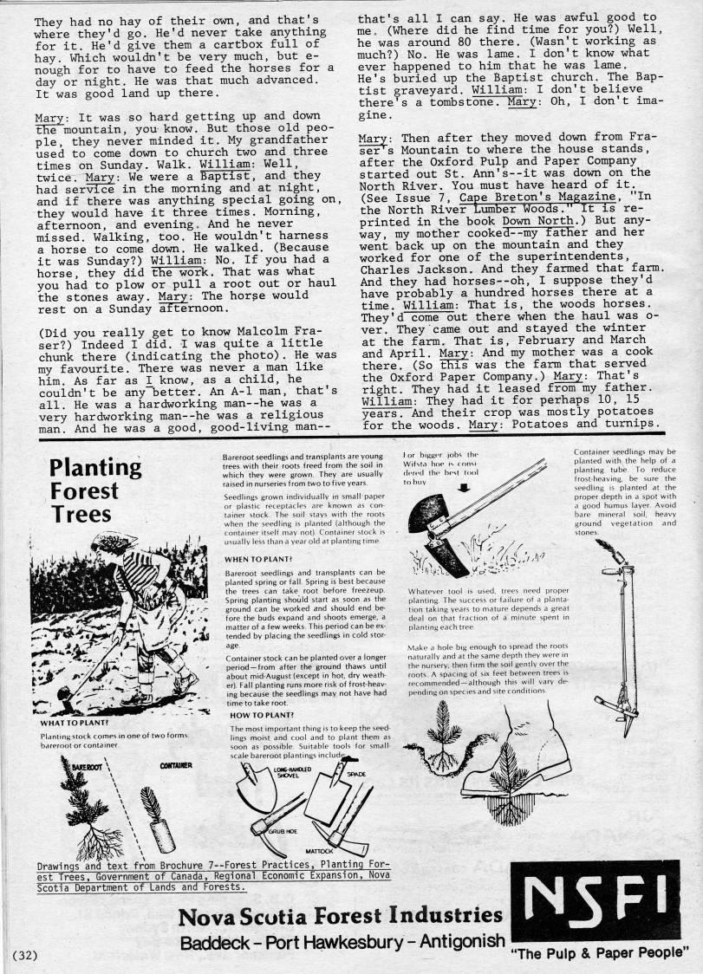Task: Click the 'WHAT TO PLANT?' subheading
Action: pos(74,722)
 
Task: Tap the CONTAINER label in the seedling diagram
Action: pos(176,766)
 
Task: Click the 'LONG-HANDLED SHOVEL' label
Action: pos(292,772)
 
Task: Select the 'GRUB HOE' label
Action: pos(280,828)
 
